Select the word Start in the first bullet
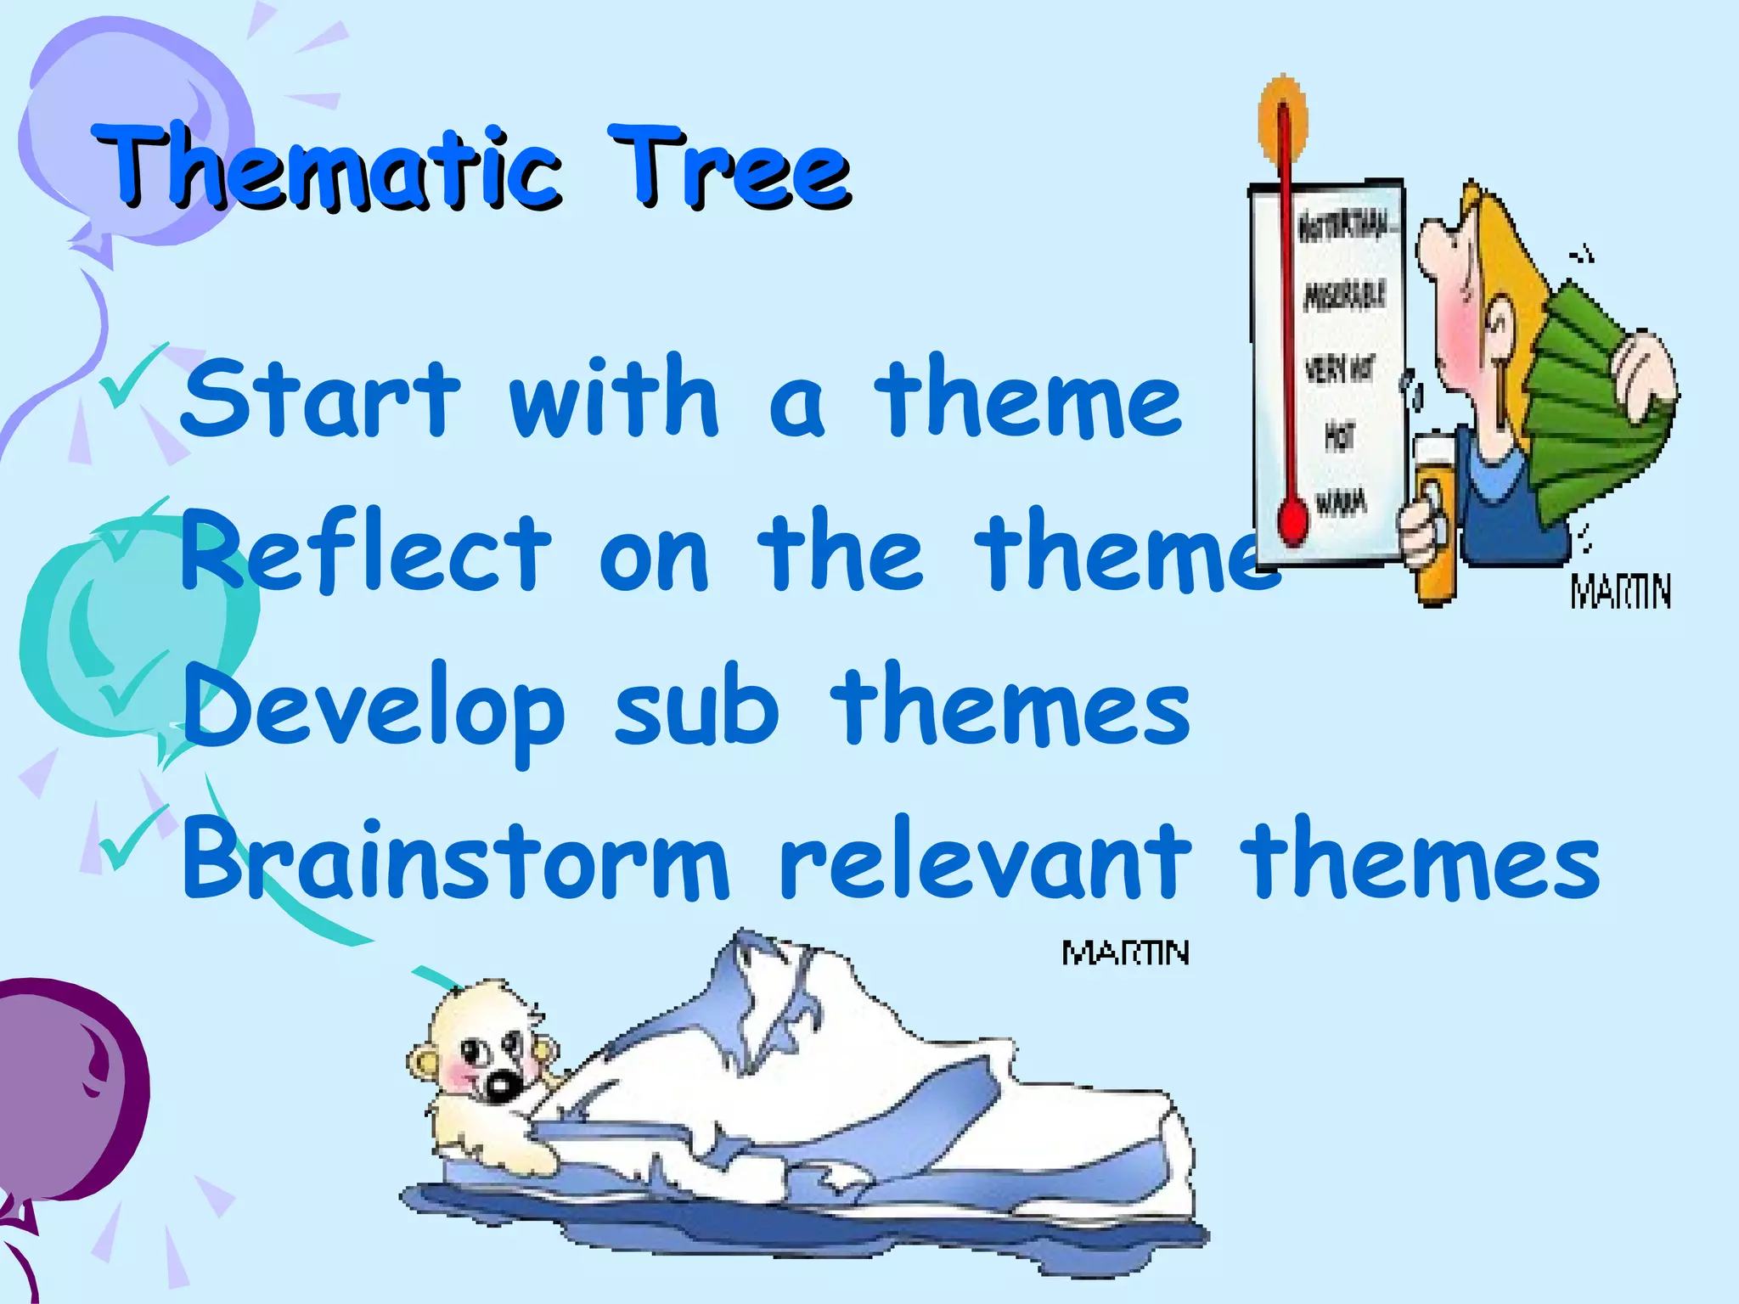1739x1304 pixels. point(318,397)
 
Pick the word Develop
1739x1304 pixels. point(374,709)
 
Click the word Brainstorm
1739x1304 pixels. point(454,859)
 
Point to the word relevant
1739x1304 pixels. point(985,859)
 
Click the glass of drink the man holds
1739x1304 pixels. point(1435,518)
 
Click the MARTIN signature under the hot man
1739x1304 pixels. point(1620,591)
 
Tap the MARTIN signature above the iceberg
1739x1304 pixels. point(1125,953)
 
